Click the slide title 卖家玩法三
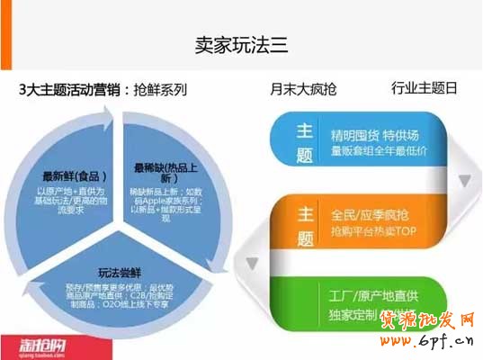point(240,43)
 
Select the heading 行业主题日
point(425,88)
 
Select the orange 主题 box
point(304,226)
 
